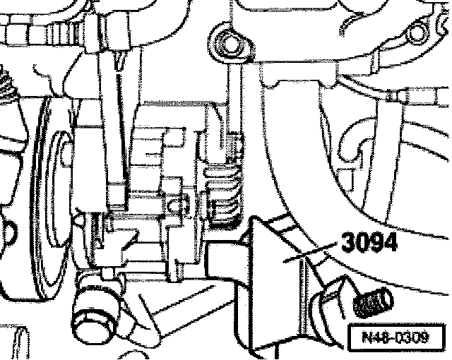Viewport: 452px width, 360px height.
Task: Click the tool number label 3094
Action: (367, 243)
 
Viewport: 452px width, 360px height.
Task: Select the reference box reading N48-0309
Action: (399, 337)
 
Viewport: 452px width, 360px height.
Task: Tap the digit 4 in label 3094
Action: (391, 243)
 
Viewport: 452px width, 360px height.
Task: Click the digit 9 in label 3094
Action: (375, 243)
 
